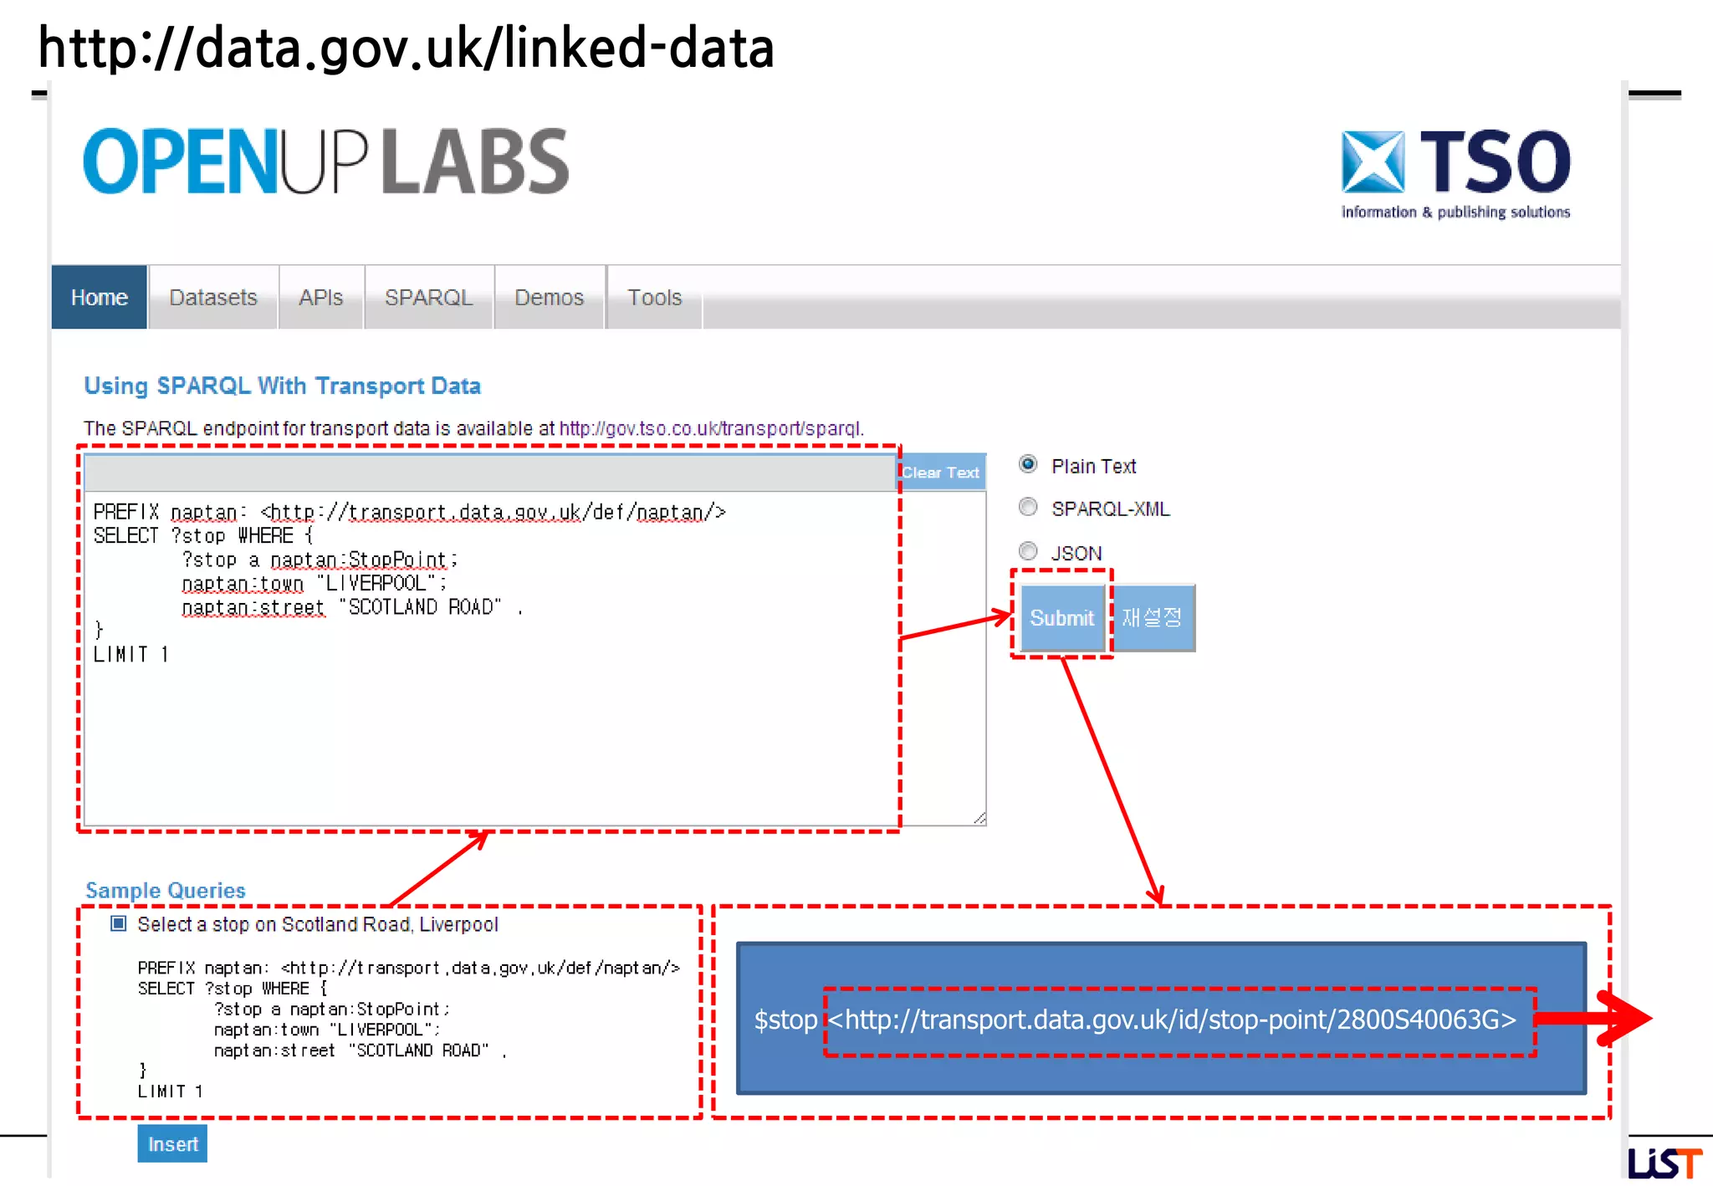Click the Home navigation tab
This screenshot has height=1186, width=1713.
99,298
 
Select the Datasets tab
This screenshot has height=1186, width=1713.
212,298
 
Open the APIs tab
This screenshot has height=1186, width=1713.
321,298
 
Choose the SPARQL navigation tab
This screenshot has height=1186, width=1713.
428,298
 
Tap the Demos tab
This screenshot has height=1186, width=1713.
549,298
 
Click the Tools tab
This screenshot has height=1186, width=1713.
654,298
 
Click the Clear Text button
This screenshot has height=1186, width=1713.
940,473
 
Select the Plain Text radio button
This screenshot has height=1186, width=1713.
1028,464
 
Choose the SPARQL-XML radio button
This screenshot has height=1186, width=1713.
1028,508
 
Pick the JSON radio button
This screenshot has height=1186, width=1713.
1028,551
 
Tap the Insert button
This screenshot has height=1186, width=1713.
172,1144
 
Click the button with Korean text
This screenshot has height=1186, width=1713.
1153,618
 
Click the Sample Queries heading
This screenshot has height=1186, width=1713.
166,891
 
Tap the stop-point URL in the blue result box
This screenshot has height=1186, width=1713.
1171,1020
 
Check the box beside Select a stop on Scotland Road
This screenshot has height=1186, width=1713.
119,924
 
